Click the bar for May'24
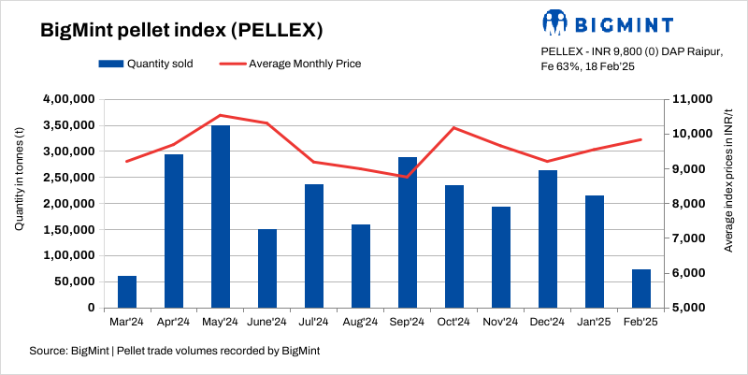click(221, 216)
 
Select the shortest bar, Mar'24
click(127, 292)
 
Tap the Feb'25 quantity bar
click(641, 288)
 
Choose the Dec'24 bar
click(548, 238)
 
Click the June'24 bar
click(267, 268)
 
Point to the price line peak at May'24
click(221, 115)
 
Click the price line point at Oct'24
click(454, 128)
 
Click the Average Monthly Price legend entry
click(290, 64)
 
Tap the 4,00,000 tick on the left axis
click(69, 99)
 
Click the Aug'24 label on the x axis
click(361, 322)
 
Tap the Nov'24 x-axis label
click(501, 322)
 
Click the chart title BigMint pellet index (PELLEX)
click(181, 30)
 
